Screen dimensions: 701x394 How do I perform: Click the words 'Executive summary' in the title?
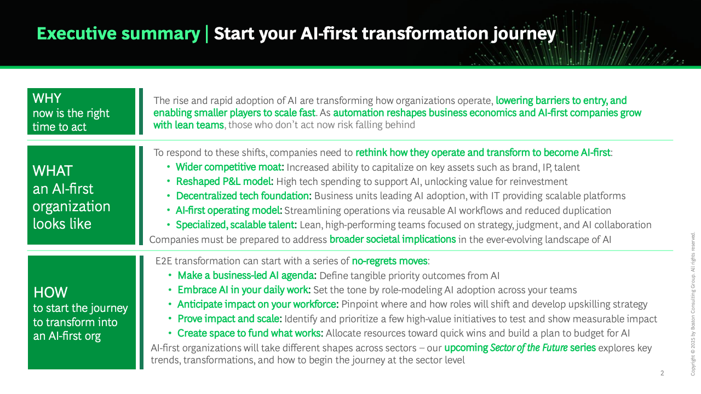(118, 34)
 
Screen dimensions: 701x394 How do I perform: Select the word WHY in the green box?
(47, 98)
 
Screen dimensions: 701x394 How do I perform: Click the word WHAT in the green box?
(53, 171)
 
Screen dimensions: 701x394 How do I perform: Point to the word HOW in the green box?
(50, 292)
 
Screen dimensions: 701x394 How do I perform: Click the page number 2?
(662, 373)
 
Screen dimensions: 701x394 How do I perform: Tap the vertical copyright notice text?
(693, 304)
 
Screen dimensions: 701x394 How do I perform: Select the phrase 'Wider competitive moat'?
(229, 167)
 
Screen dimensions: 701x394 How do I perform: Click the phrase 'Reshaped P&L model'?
(223, 181)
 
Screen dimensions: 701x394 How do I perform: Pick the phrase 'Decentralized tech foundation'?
(243, 196)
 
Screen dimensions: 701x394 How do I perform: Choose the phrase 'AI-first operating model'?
(228, 211)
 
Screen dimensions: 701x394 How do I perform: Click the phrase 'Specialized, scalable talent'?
(235, 225)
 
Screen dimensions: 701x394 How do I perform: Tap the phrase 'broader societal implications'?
(393, 239)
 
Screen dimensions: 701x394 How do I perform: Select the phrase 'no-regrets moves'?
(389, 261)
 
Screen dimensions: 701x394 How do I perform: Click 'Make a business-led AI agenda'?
(246, 275)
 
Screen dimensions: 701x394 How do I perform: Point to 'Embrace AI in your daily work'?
(243, 290)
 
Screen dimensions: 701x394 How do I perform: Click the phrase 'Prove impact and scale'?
(229, 318)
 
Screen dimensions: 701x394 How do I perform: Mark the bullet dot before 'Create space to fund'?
(170, 333)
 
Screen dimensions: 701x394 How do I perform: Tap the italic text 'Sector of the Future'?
(529, 347)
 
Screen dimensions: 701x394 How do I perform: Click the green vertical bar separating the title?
(207, 34)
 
